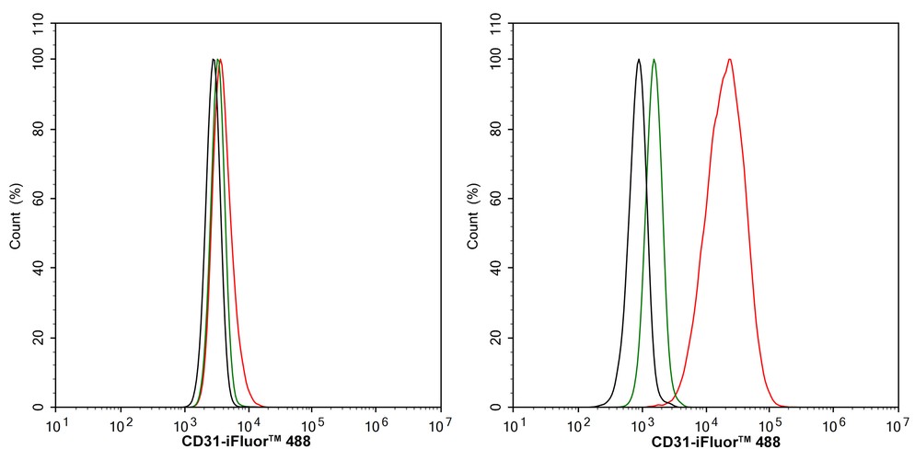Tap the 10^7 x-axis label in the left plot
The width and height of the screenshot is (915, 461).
(x=440, y=426)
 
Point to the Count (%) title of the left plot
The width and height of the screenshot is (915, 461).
(x=17, y=217)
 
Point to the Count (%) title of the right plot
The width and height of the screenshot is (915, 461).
(x=473, y=217)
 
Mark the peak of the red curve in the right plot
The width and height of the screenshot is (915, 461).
(x=729, y=60)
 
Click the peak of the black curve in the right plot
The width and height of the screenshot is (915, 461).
(x=638, y=60)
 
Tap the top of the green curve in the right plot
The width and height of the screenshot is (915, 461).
(x=654, y=60)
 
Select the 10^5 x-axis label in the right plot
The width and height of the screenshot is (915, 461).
(x=770, y=426)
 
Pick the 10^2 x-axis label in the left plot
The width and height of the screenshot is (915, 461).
(x=121, y=426)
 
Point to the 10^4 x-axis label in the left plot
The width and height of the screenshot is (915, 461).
(x=248, y=426)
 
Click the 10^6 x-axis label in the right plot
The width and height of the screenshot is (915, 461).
(x=833, y=426)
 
